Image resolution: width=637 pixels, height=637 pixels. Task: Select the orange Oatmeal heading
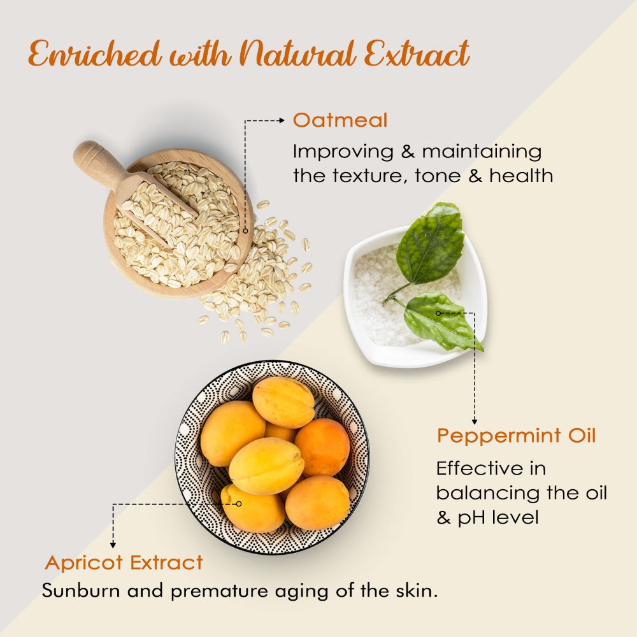pyautogui.click(x=340, y=120)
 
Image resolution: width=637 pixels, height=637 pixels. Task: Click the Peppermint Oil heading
pyautogui.click(x=516, y=436)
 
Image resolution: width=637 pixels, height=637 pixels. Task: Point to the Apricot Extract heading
pyautogui.click(x=124, y=563)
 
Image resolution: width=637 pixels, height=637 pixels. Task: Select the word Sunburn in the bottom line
pyautogui.click(x=81, y=590)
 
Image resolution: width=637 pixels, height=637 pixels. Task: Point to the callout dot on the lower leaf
pyautogui.click(x=438, y=313)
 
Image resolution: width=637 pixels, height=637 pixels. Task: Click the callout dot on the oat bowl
pyautogui.click(x=245, y=231)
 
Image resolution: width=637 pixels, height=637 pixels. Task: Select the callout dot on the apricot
pyautogui.click(x=240, y=503)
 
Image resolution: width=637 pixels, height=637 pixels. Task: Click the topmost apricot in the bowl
pyautogui.click(x=283, y=402)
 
